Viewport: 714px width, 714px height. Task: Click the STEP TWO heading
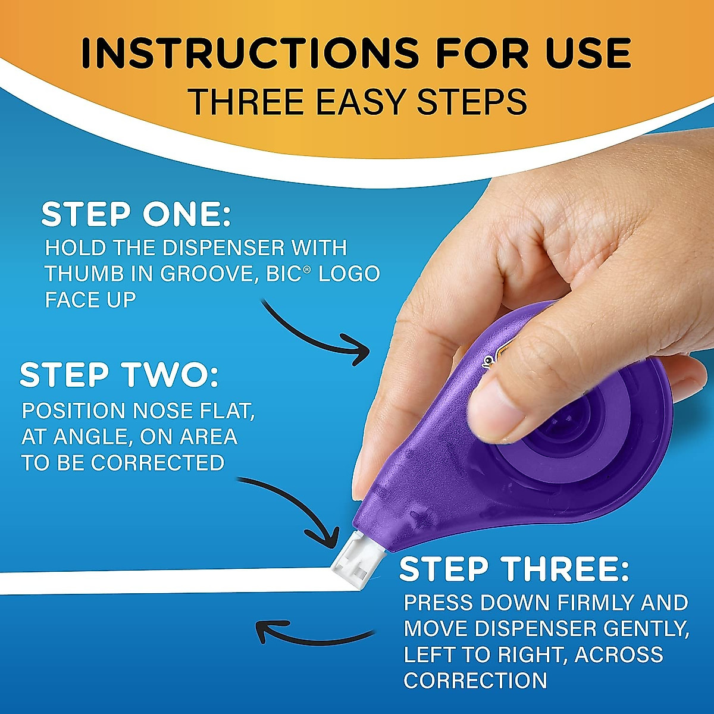pos(119,375)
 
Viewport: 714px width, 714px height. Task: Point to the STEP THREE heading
pos(514,570)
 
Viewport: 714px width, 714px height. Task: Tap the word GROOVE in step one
pos(214,274)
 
